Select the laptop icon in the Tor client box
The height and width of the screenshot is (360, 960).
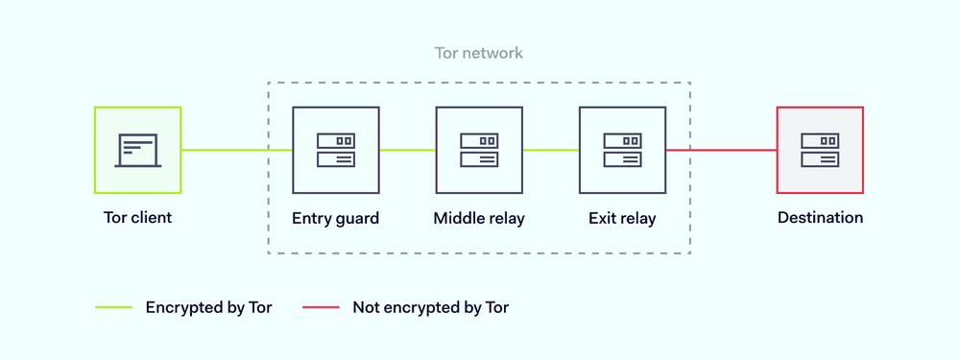pyautogui.click(x=138, y=150)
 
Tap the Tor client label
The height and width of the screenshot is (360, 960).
pyautogui.click(x=137, y=217)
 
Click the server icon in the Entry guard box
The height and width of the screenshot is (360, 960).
pyautogui.click(x=335, y=150)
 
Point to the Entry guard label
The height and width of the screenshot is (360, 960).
pyautogui.click(x=335, y=218)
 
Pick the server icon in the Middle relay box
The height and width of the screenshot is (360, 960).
pyautogui.click(x=479, y=150)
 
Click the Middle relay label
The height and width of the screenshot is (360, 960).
pyautogui.click(x=479, y=218)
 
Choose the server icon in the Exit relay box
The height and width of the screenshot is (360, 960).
pyautogui.click(x=622, y=150)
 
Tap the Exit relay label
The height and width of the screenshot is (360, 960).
pyautogui.click(x=622, y=218)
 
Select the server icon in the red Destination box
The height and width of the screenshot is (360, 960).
pyautogui.click(x=820, y=150)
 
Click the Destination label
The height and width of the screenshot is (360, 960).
pyautogui.click(x=820, y=218)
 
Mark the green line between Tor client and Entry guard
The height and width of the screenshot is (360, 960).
pyautogui.click(x=236, y=150)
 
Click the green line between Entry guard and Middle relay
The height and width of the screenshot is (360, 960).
pyautogui.click(x=407, y=150)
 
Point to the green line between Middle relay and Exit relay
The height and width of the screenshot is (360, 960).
pyautogui.click(x=551, y=150)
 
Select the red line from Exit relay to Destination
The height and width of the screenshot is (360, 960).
pyautogui.click(x=721, y=150)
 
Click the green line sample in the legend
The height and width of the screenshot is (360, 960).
pyautogui.click(x=113, y=308)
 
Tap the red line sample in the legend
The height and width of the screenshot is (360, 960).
pyautogui.click(x=321, y=308)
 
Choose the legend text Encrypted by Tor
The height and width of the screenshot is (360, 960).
pyautogui.click(x=208, y=308)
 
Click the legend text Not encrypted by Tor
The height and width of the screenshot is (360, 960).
pyautogui.click(x=430, y=308)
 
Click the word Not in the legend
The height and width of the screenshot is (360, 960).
pyautogui.click(x=366, y=308)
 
